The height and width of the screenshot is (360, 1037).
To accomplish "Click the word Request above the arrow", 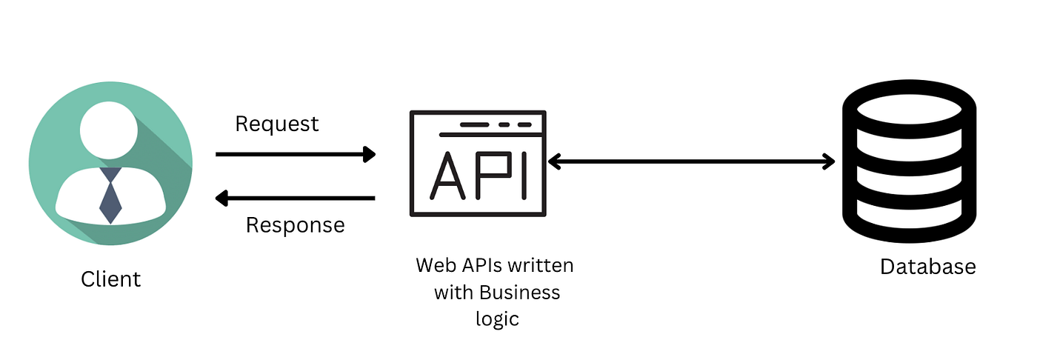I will coord(276,124).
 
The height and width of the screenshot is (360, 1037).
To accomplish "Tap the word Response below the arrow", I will coord(295,224).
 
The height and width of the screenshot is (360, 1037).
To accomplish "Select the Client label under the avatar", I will coord(110,279).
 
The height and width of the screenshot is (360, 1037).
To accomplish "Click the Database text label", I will coord(927,267).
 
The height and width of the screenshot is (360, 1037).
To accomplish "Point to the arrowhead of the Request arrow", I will coord(369,154).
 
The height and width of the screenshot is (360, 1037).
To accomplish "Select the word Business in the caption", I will coord(520,293).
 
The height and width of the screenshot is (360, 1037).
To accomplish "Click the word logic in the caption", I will coord(497,319).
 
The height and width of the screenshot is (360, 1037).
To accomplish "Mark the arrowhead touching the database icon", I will coord(827,161).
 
